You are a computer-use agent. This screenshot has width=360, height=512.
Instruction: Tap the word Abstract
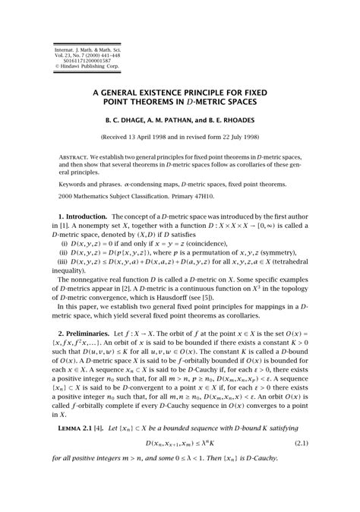pyautogui.click(x=74, y=156)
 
